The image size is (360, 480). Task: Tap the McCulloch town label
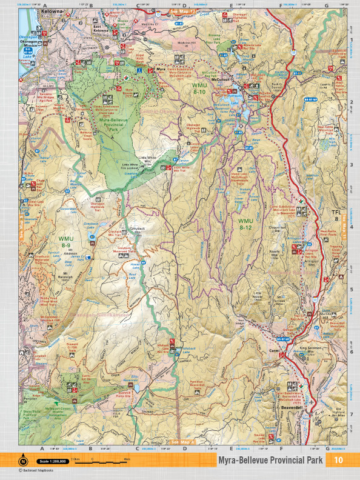point(219,79)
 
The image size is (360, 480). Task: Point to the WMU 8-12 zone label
point(245,224)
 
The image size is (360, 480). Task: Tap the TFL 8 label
point(336,216)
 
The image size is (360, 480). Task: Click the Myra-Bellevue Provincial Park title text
point(270,461)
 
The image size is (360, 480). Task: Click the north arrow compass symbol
point(23,460)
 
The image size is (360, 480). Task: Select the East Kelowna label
point(101,28)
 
